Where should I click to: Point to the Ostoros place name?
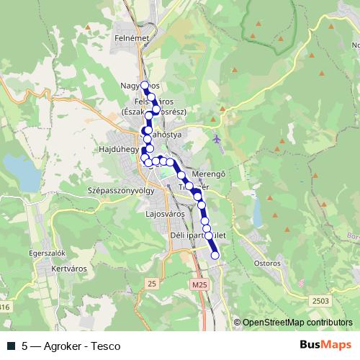pos(268,263)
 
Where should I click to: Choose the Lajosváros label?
pos(165,214)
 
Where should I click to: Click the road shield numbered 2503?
pos(322,300)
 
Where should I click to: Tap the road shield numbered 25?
pos(151,284)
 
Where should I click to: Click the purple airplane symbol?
pos(219,138)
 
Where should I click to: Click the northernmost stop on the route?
pos(144,85)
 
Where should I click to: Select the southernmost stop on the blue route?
pos(215,255)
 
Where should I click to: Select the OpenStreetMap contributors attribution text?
pos(297,323)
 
